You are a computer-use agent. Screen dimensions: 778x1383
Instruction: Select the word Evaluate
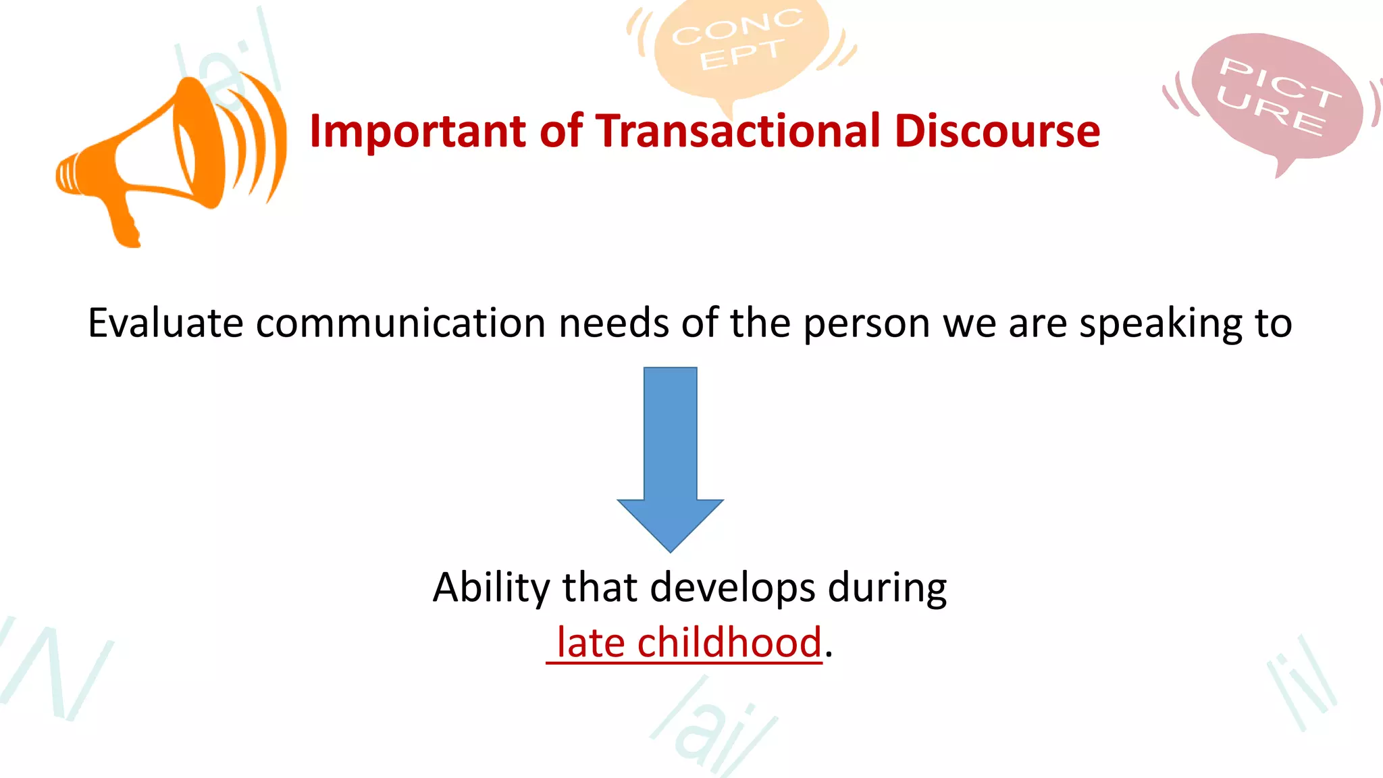click(165, 323)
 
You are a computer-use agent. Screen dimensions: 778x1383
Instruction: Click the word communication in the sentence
click(401, 323)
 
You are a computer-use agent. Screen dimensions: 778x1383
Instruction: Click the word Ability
click(491, 588)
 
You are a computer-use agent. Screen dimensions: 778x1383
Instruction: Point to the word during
click(887, 588)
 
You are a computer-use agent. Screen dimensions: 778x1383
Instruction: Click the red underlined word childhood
click(729, 642)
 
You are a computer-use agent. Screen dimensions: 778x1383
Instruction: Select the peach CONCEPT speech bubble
click(739, 44)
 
